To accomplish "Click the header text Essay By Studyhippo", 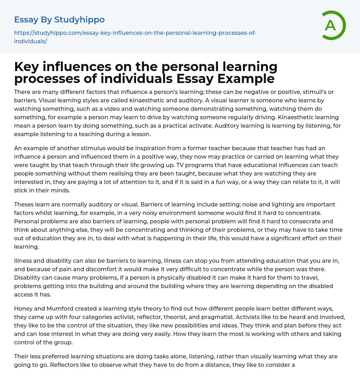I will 59,20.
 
